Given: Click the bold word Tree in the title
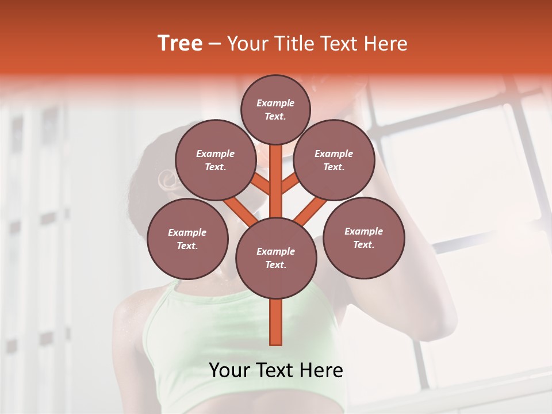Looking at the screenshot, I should [180, 44].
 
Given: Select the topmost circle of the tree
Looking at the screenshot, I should [275, 109].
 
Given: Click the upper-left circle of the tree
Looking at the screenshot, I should [216, 160].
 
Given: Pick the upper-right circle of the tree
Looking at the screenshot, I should [334, 160].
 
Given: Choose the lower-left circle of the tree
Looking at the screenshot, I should [187, 239].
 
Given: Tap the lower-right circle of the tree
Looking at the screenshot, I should [363, 237].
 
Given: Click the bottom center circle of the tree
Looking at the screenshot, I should [276, 258].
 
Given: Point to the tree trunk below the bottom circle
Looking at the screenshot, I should [276, 322].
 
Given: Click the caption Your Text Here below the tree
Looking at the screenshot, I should [276, 370].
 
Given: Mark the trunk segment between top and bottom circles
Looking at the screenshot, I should [276, 178].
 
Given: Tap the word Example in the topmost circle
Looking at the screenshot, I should [275, 103].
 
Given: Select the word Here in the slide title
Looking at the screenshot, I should [385, 44].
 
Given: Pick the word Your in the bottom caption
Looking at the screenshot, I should [231, 370].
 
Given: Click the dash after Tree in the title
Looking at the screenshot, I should [215, 44].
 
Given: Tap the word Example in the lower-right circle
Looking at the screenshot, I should [363, 231].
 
